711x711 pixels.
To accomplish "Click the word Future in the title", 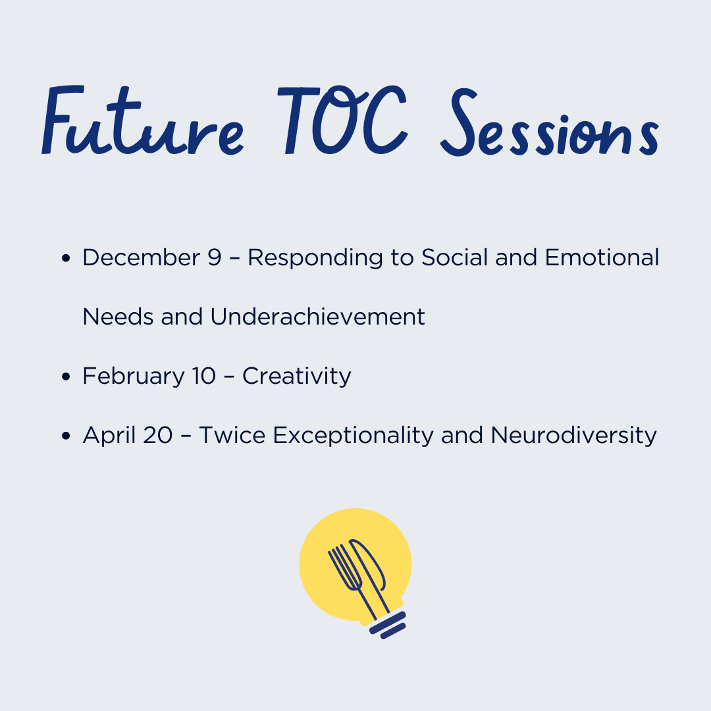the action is [x=143, y=120].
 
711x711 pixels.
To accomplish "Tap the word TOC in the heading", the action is [x=342, y=120].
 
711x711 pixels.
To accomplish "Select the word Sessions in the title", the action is [x=550, y=122].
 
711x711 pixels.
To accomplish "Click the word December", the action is [x=142, y=257].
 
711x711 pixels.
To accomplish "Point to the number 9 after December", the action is [x=215, y=257].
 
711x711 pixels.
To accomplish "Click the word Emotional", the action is [x=602, y=257].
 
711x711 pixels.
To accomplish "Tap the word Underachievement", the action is [x=317, y=316].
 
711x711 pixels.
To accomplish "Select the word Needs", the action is [x=118, y=316].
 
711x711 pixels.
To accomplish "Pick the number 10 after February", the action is [x=203, y=376].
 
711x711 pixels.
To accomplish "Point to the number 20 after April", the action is [x=158, y=435].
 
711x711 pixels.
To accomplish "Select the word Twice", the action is [x=232, y=435].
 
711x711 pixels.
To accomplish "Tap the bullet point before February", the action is [x=66, y=377].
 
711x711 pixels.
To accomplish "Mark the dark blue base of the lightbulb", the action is [x=388, y=625].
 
